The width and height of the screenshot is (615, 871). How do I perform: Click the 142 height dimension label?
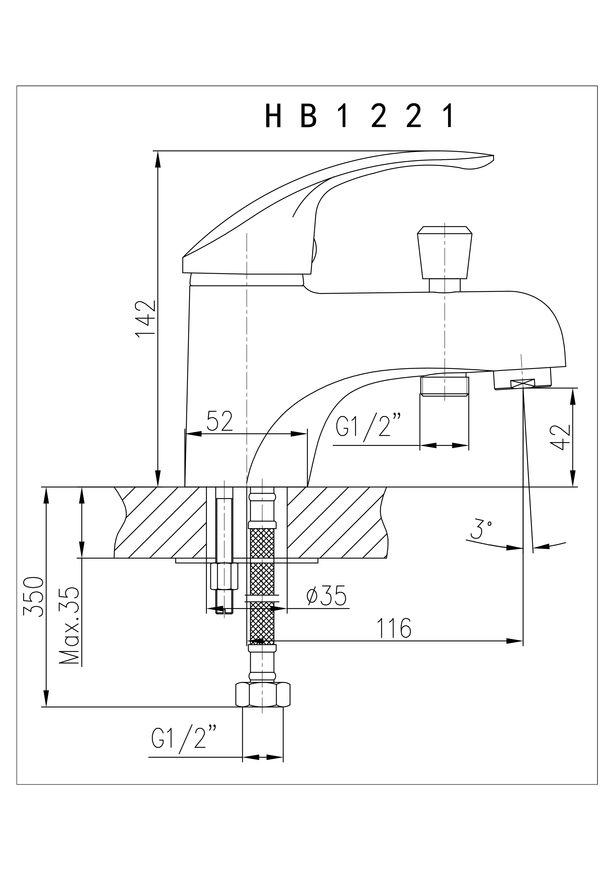point(146,318)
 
